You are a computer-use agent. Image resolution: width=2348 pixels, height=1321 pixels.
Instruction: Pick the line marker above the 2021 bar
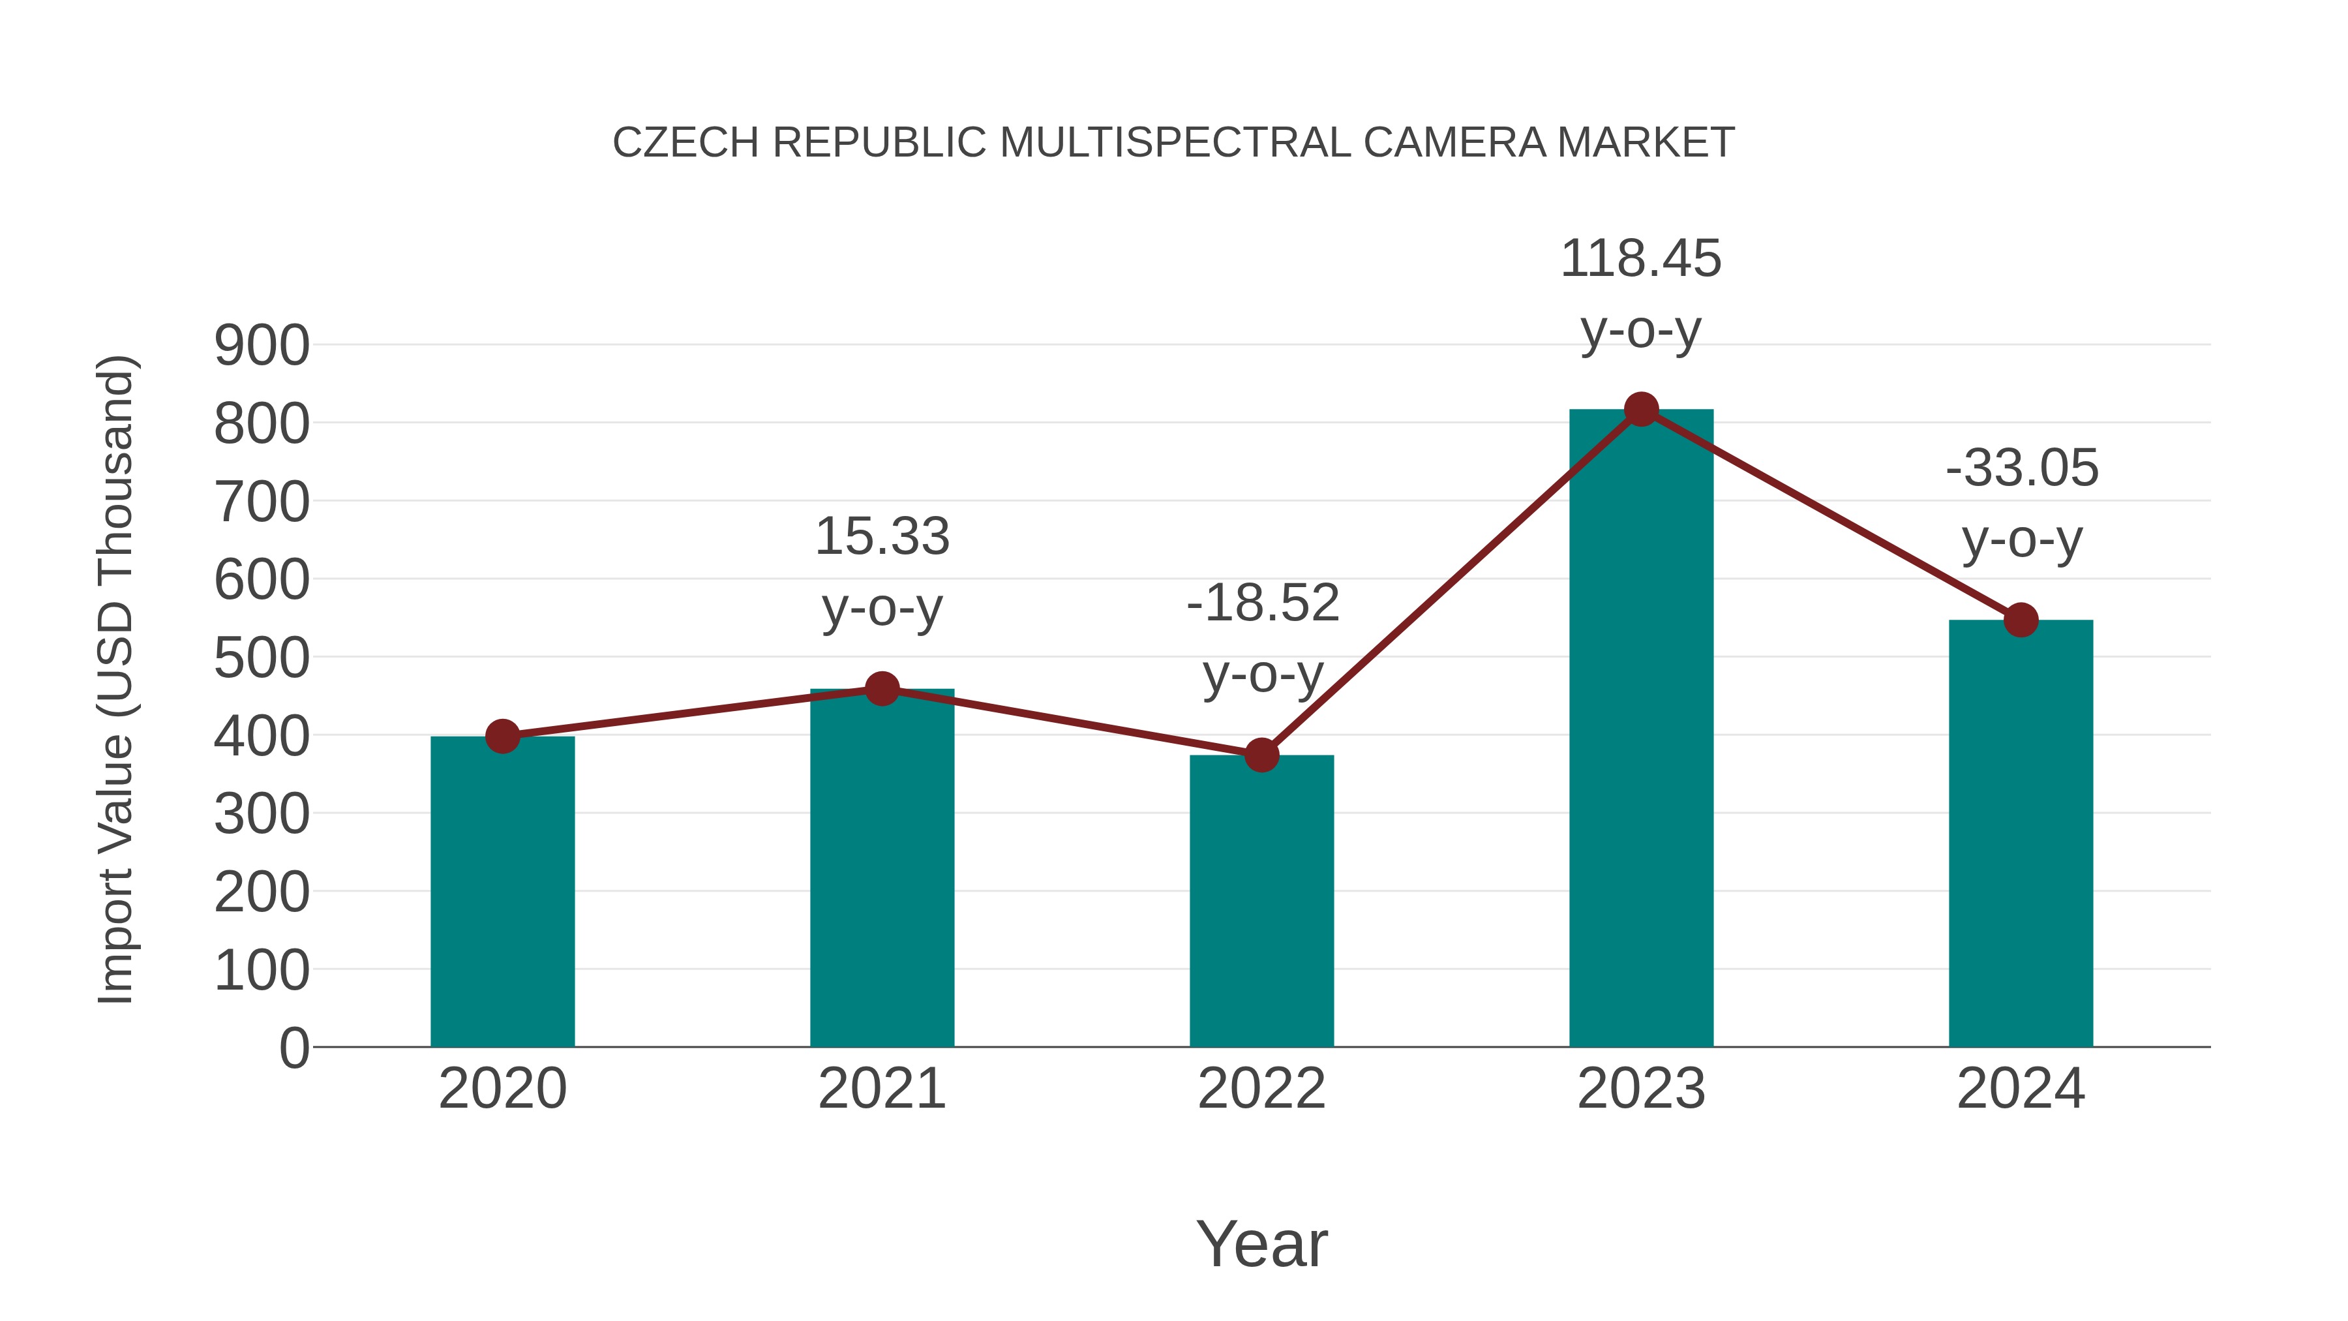tap(881, 690)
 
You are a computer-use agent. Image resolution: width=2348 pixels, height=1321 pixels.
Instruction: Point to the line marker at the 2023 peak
tap(1641, 409)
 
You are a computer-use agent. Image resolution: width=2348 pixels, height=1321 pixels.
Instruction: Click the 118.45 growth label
tap(1641, 259)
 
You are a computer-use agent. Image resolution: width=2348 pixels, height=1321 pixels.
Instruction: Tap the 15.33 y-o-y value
tap(881, 536)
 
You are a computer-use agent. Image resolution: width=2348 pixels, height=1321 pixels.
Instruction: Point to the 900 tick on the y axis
tap(262, 346)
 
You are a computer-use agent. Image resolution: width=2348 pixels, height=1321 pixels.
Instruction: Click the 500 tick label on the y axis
tap(262, 658)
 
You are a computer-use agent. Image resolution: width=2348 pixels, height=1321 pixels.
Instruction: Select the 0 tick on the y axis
tap(293, 1048)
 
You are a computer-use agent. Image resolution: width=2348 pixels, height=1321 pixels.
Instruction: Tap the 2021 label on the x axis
tap(881, 1089)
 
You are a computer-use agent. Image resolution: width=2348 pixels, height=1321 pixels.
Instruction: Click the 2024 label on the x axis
tap(2021, 1089)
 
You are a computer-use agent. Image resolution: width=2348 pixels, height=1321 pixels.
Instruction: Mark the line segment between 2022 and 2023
tap(1451, 583)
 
